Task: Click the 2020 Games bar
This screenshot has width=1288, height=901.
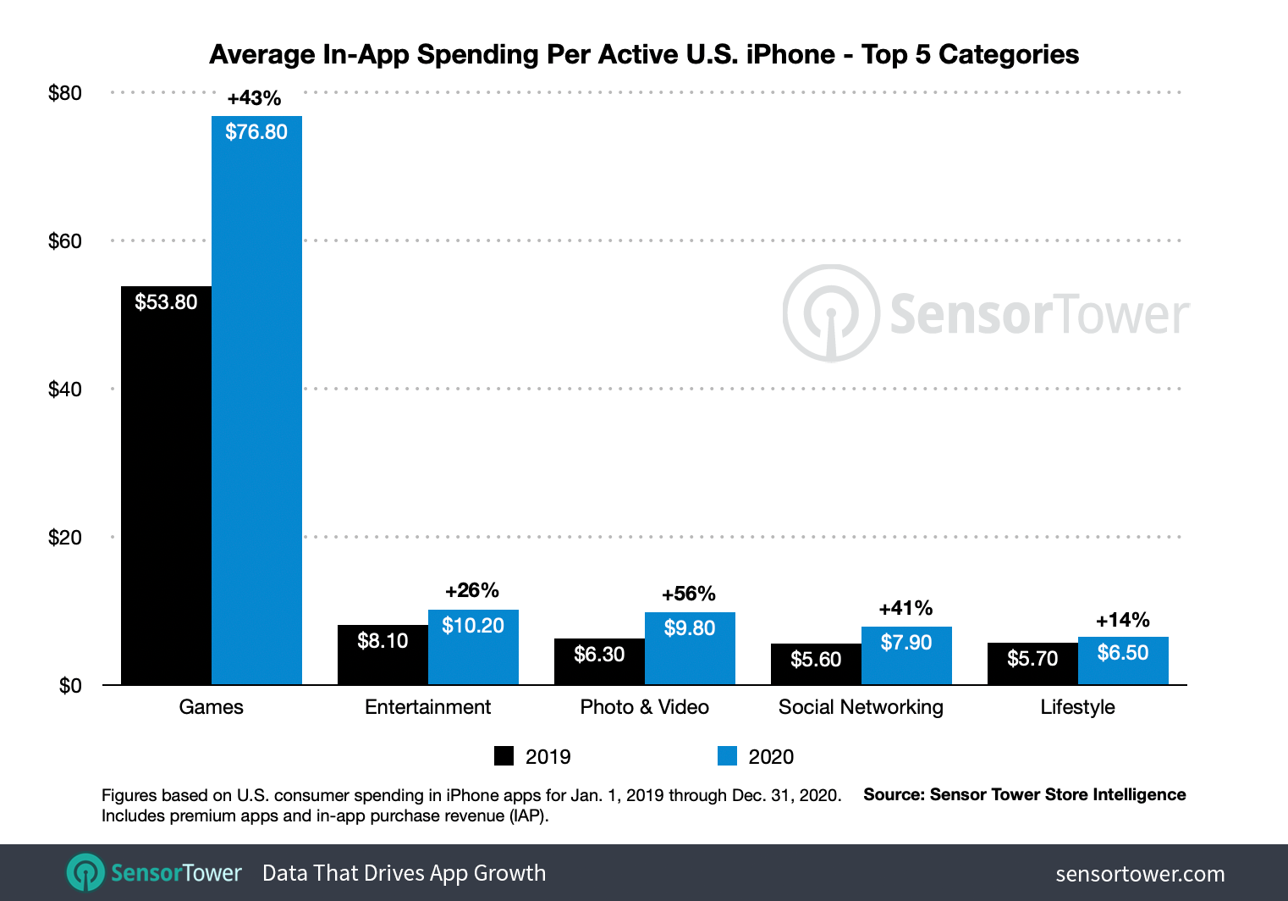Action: click(256, 406)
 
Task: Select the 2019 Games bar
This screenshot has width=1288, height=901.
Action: click(166, 491)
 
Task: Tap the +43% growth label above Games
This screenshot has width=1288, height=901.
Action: click(254, 98)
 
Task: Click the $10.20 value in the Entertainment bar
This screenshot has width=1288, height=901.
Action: click(473, 626)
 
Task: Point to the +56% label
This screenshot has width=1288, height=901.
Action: click(689, 594)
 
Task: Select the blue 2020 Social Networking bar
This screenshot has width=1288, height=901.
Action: click(906, 661)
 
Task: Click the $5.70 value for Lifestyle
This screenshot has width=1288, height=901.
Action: click(1032, 659)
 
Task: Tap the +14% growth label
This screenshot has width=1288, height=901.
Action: click(1122, 620)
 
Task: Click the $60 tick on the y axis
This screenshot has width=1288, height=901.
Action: click(65, 241)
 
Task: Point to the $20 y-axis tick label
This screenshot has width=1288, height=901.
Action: click(65, 538)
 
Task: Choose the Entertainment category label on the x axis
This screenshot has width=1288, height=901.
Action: click(427, 707)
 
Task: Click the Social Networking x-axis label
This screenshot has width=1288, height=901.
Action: click(861, 707)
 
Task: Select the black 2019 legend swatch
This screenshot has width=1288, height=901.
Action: click(504, 756)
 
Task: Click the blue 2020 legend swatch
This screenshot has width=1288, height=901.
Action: click(727, 756)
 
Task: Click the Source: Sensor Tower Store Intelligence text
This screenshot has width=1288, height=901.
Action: click(1024, 794)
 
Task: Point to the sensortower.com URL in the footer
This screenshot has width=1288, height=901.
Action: click(1140, 874)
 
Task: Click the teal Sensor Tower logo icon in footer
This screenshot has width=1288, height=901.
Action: click(85, 873)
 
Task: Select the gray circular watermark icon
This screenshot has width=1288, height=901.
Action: click(831, 313)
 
